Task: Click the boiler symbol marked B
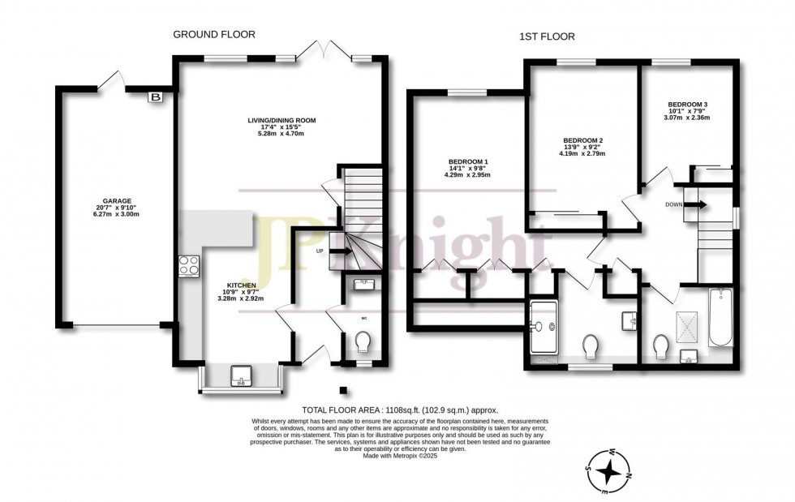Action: click(x=154, y=97)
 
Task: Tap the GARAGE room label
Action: click(x=117, y=200)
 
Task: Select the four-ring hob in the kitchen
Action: click(x=188, y=265)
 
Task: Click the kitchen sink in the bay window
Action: click(x=242, y=375)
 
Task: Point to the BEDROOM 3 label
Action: click(x=687, y=105)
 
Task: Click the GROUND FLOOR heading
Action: click(x=214, y=34)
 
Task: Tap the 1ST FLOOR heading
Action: click(x=547, y=36)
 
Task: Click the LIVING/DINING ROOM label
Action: click(x=281, y=120)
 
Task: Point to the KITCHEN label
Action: click(x=242, y=285)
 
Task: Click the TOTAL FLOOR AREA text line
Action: click(x=399, y=410)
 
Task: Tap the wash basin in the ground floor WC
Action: click(x=363, y=282)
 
